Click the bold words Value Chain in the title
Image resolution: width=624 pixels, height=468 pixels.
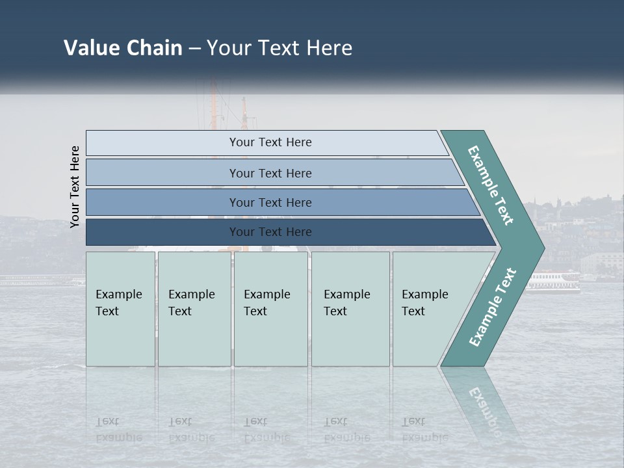pyautogui.click(x=123, y=47)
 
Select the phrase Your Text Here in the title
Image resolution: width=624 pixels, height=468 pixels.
pyautogui.click(x=279, y=47)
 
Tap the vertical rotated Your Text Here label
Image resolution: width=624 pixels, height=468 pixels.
pyautogui.click(x=75, y=187)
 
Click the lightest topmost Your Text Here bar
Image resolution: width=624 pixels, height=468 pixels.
pyautogui.click(x=270, y=142)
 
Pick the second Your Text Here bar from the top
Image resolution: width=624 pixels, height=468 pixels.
pyautogui.click(x=270, y=173)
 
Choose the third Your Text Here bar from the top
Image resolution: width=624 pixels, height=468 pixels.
pyautogui.click(x=270, y=202)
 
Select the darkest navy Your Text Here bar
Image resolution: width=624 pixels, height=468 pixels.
pyautogui.click(x=270, y=232)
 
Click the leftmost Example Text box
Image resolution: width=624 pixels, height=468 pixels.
pyautogui.click(x=120, y=309)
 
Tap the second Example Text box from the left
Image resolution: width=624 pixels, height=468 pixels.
pyautogui.click(x=194, y=309)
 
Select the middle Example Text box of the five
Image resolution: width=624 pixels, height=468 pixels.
pyautogui.click(x=270, y=309)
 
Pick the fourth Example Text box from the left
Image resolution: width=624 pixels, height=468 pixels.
pyautogui.click(x=350, y=309)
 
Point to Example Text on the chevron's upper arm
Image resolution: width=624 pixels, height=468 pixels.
pyautogui.click(x=491, y=185)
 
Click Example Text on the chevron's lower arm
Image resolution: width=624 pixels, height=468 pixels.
pyautogui.click(x=493, y=307)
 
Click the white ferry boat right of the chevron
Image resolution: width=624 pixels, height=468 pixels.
pyautogui.click(x=554, y=281)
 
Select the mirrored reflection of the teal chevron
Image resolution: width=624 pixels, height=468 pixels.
pyautogui.click(x=481, y=403)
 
